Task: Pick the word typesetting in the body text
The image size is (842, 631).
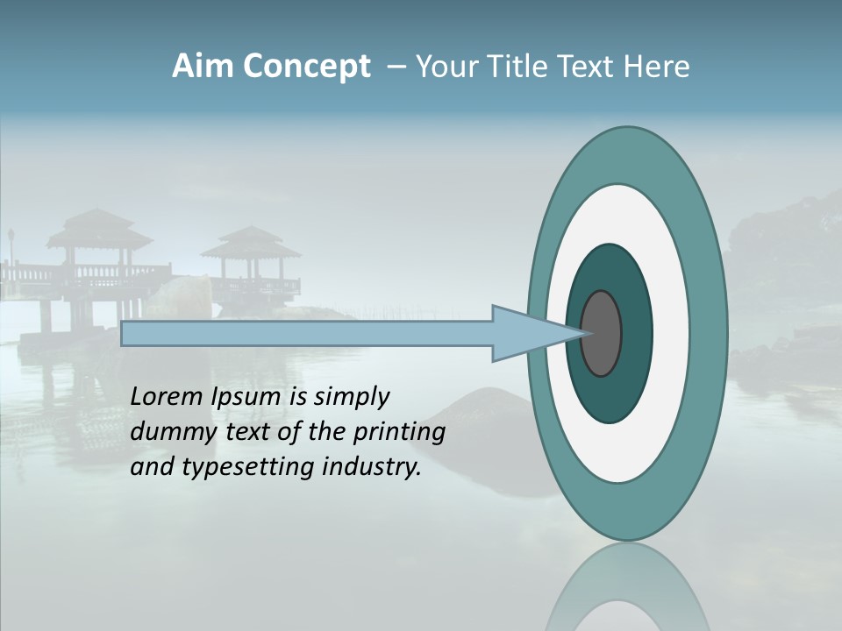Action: coord(250,468)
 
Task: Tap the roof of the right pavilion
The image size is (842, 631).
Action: coord(251,240)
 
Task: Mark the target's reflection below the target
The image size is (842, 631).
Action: coord(626,587)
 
